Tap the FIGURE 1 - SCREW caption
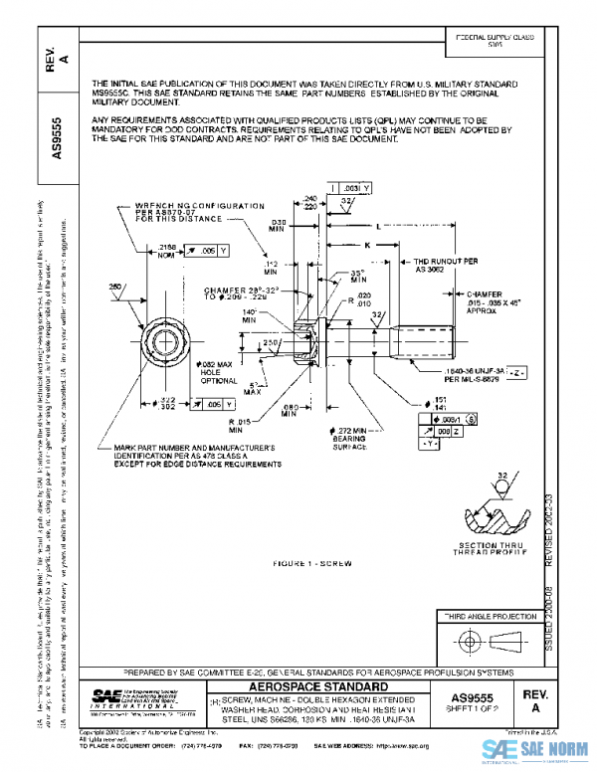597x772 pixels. pyautogui.click(x=312, y=564)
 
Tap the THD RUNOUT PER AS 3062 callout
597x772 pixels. pyautogui.click(x=435, y=267)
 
